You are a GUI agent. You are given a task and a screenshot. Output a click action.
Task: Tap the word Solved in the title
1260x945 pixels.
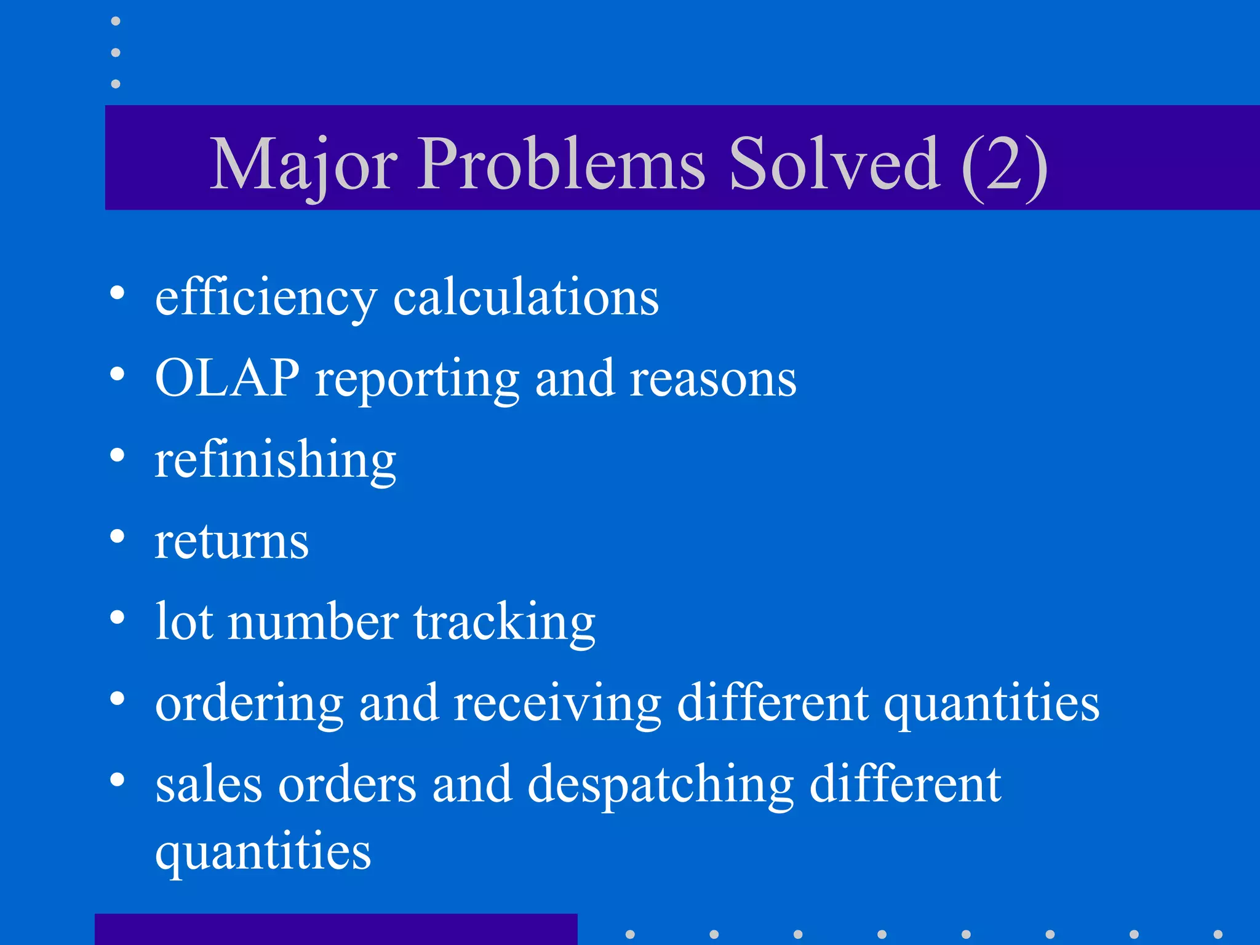pyautogui.click(x=834, y=164)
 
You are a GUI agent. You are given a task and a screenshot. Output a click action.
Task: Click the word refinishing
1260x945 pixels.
pyautogui.click(x=275, y=460)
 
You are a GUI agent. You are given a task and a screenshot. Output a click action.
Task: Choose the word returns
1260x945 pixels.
pyautogui.click(x=231, y=542)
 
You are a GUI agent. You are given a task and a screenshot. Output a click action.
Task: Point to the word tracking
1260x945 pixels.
pyautogui.click(x=504, y=623)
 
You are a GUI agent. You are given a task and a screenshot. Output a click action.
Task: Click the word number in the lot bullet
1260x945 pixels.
pyautogui.click(x=313, y=623)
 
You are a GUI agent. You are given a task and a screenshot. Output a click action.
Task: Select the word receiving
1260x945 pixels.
pyautogui.click(x=557, y=704)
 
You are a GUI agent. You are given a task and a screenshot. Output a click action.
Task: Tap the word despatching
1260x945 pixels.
pyautogui.click(x=661, y=786)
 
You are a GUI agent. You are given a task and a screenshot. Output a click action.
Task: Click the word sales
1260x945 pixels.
pyautogui.click(x=209, y=786)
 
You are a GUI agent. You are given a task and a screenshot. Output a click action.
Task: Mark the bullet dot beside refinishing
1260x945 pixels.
pyautogui.click(x=117, y=456)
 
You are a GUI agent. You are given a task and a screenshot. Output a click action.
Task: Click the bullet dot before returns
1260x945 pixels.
pyautogui.click(x=117, y=536)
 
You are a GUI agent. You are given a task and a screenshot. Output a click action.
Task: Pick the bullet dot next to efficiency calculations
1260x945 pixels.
pyautogui.click(x=117, y=293)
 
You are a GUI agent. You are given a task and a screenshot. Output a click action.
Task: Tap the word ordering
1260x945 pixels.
pyautogui.click(x=249, y=704)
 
